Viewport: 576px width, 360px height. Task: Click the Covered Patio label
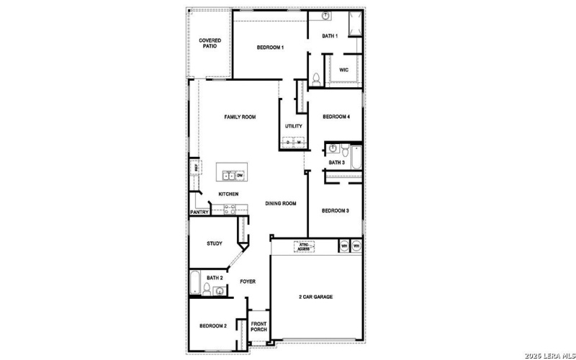[x=210, y=43]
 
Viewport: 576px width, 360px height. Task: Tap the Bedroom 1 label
[x=271, y=48]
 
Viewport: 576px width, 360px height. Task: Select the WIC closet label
[x=343, y=70]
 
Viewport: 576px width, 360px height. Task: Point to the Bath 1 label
[x=330, y=36]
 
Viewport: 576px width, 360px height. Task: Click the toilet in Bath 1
[x=316, y=78]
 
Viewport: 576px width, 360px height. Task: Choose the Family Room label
[x=240, y=117]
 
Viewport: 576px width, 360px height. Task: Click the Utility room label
[x=293, y=126]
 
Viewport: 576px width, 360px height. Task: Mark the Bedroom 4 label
[x=336, y=117]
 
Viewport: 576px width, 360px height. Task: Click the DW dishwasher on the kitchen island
[x=240, y=175]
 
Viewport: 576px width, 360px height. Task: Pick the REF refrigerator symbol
[x=194, y=168]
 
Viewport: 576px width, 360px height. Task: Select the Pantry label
[x=199, y=212]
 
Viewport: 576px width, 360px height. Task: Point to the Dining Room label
[x=280, y=204]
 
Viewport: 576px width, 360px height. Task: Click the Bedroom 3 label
[x=335, y=211]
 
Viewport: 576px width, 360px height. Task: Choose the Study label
[x=215, y=243]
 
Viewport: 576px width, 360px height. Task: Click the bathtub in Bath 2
[x=194, y=282]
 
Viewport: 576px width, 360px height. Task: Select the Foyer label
[x=248, y=282]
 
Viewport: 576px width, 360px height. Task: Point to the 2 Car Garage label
[x=315, y=297]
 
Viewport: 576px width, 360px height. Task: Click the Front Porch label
[x=258, y=327]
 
